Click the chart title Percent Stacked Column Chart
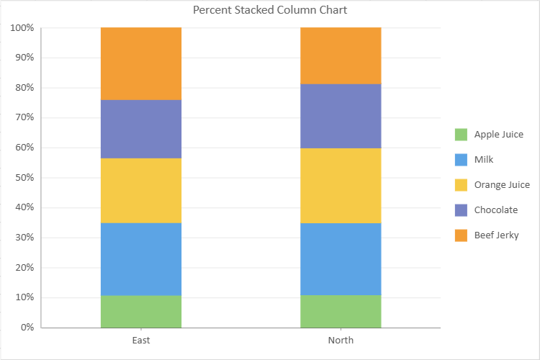pos(270,10)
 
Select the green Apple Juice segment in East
pos(141,311)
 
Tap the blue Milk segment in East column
pos(141,259)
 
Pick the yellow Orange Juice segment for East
pos(141,190)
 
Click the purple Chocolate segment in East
pos(141,129)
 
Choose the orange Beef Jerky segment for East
pos(141,63)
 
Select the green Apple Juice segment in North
pos(341,311)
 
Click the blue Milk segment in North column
pos(341,259)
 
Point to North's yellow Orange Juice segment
pos(341,185)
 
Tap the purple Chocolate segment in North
pos(341,116)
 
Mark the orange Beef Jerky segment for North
pos(341,55)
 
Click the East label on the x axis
pos(141,340)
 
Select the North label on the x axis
pos(341,340)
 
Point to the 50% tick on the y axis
pos(24,178)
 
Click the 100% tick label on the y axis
pos(22,28)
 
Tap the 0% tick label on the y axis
pos(27,328)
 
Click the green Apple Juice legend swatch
pos(461,135)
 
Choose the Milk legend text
pos(484,160)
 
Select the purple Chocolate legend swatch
pos(461,210)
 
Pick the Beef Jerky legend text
pos(496,235)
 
